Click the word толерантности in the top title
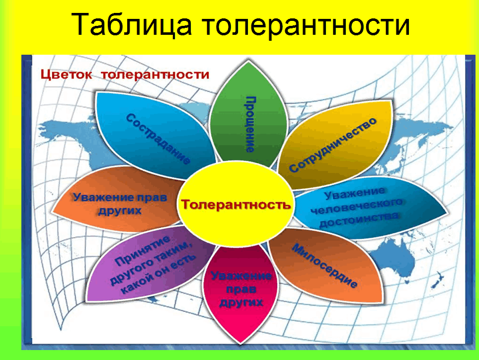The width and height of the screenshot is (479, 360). [x=306, y=25]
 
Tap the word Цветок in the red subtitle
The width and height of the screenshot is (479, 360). [x=66, y=75]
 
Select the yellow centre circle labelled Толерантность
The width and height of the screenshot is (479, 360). [x=235, y=204]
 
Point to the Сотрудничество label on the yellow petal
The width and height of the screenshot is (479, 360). [x=333, y=145]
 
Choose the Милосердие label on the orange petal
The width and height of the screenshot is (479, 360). [x=324, y=266]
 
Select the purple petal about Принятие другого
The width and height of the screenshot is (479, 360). [x=149, y=265]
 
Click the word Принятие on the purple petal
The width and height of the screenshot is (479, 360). [x=143, y=251]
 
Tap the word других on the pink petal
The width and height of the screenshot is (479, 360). [x=241, y=302]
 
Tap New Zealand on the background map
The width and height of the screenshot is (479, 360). [x=438, y=280]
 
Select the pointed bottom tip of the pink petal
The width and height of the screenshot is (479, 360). [x=240, y=343]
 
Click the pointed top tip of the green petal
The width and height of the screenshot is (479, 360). [x=248, y=61]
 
